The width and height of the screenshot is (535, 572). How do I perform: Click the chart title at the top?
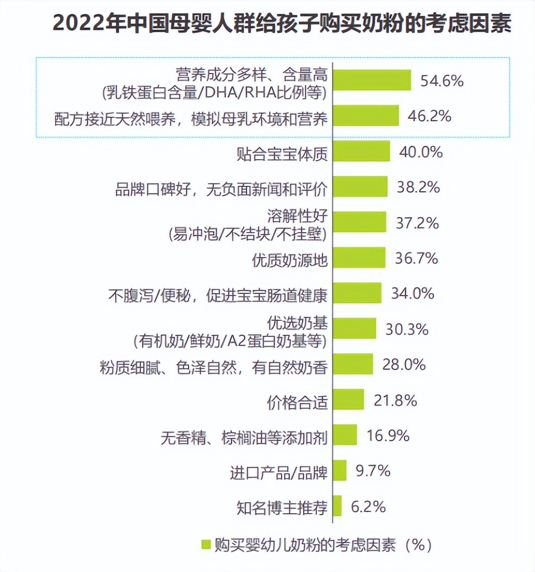(282, 23)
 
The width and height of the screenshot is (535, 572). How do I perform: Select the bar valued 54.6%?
(372, 80)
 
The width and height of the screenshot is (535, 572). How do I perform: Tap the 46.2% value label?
(429, 116)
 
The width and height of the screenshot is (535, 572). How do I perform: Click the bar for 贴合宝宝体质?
(362, 151)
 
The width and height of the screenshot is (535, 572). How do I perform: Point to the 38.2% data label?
(418, 187)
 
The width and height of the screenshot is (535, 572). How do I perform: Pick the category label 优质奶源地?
(290, 260)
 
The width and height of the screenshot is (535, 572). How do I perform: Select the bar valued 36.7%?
(359, 257)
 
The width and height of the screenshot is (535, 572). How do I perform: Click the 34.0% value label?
(412, 294)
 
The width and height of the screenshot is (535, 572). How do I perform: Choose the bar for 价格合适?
(349, 399)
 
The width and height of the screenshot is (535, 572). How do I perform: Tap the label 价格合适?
(297, 402)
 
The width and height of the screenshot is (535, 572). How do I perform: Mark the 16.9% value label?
(388, 435)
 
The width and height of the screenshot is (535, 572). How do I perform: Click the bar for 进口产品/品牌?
(340, 470)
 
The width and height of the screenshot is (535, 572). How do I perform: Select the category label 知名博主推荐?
(282, 507)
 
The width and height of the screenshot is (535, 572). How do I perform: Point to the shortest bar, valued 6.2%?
(337, 506)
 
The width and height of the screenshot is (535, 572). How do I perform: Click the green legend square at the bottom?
(206, 544)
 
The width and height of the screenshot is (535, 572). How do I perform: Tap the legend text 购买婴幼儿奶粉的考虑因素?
(305, 545)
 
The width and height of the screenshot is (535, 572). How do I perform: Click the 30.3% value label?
(407, 329)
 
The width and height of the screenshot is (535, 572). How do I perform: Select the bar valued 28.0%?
(353, 364)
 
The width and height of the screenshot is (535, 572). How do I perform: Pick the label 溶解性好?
(297, 216)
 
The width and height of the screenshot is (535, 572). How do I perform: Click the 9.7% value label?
(373, 471)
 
